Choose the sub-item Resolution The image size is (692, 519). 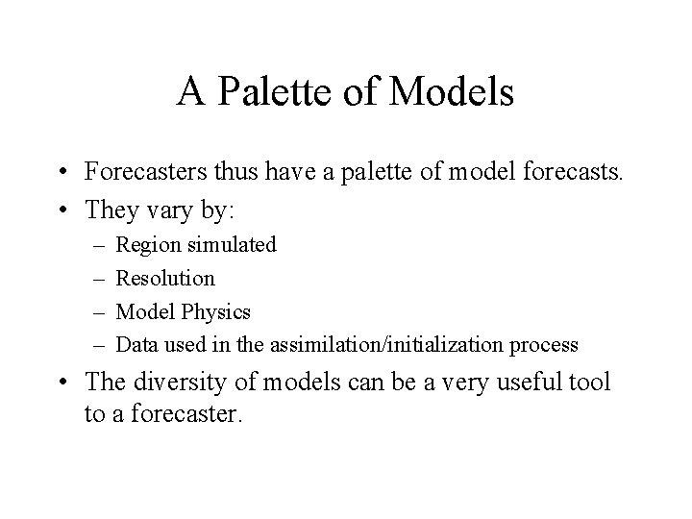pyautogui.click(x=165, y=279)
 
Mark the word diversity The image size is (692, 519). pyautogui.click(x=178, y=382)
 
